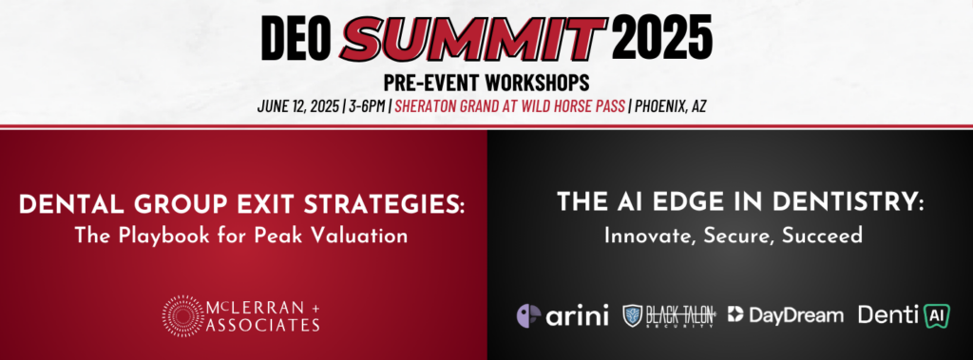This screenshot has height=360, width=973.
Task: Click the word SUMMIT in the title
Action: pyautogui.click(x=474, y=36)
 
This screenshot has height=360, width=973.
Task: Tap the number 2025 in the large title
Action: pyautogui.click(x=662, y=36)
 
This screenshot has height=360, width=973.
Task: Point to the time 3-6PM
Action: pyautogui.click(x=366, y=106)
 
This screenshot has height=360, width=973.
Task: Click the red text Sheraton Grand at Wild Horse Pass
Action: pyautogui.click(x=509, y=106)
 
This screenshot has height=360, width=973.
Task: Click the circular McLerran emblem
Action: pyautogui.click(x=182, y=315)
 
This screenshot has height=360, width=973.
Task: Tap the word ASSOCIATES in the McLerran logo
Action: pyautogui.click(x=264, y=325)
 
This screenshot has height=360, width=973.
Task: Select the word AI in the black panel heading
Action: pyautogui.click(x=616, y=203)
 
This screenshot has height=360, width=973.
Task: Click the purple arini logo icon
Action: pyautogui.click(x=528, y=315)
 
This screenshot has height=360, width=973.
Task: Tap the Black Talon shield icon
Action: pyautogui.click(x=632, y=315)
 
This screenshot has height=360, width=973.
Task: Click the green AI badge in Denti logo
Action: pyautogui.click(x=936, y=316)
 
